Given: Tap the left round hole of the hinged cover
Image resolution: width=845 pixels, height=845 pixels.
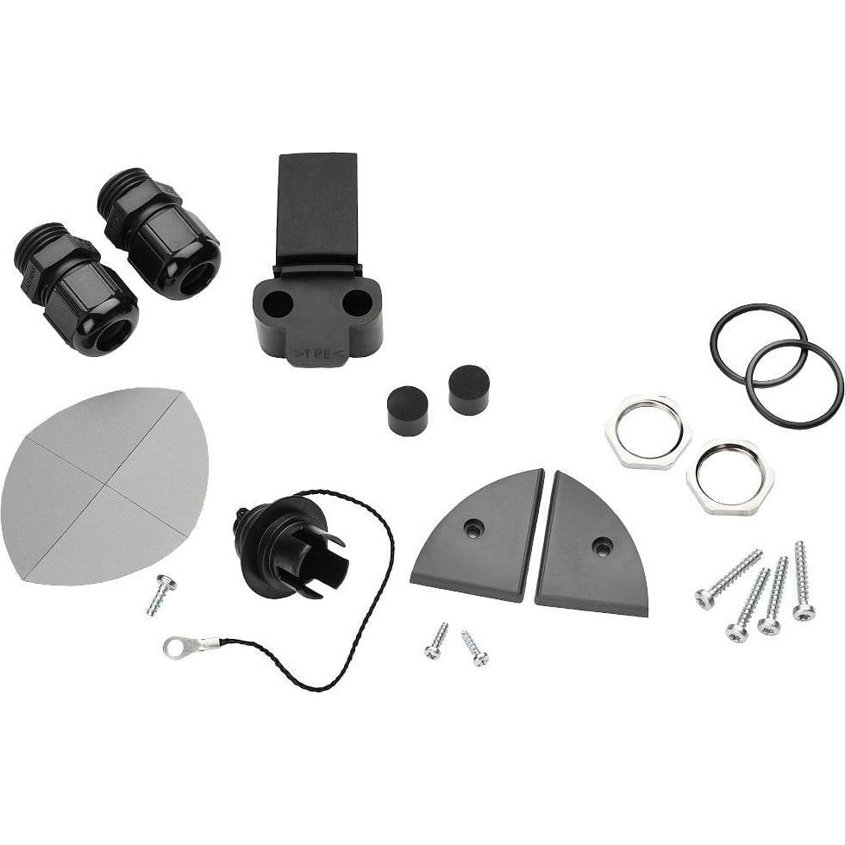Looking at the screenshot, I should (278, 302).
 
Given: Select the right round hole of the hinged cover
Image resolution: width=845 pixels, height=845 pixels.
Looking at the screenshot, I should (357, 302).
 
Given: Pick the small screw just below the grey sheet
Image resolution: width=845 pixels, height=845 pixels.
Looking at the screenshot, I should (160, 595).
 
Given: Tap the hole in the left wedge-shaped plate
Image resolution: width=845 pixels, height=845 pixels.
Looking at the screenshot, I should (472, 529).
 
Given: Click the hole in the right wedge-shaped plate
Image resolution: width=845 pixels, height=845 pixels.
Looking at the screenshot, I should (602, 546).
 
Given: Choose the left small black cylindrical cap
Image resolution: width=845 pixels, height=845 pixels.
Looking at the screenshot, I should (408, 410).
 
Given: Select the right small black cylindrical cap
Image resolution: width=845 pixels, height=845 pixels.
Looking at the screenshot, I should (469, 389).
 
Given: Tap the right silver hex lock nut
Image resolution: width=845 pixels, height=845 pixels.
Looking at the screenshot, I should (729, 476).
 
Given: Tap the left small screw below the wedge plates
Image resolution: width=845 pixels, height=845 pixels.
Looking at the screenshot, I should (436, 641).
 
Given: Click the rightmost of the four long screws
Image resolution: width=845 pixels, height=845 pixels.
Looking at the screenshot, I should (803, 581).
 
